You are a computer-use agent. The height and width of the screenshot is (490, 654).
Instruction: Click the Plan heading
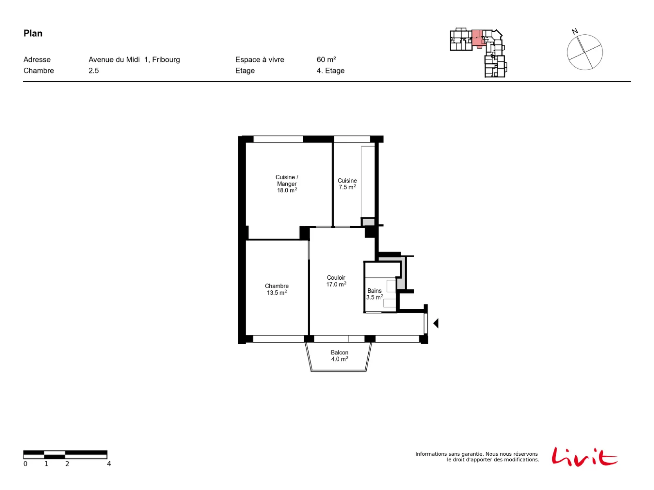[x=33, y=33]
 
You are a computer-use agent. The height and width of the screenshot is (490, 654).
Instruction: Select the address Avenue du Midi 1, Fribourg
[x=134, y=60]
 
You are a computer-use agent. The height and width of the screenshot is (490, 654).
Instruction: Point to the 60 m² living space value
[x=326, y=60]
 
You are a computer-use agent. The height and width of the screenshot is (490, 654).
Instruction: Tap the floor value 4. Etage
[x=330, y=71]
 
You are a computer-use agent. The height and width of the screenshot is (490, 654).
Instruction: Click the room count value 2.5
[x=93, y=71]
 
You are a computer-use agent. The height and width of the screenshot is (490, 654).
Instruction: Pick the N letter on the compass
[x=574, y=31]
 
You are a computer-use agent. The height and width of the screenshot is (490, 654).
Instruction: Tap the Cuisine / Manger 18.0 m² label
[x=287, y=183]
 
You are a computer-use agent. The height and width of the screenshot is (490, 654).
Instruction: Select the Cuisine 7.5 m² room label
[x=347, y=184]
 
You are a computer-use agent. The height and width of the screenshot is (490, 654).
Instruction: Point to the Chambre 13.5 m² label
[x=276, y=289]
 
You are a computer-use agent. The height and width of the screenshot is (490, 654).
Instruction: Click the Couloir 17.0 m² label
[x=336, y=281]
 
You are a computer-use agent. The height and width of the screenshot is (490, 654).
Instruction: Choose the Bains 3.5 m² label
[x=374, y=294]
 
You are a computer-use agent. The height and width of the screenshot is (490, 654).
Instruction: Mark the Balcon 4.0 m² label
[x=339, y=356]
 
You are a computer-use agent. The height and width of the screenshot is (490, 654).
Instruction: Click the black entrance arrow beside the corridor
[x=436, y=323]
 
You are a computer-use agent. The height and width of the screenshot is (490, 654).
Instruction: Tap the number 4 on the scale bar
[x=109, y=463]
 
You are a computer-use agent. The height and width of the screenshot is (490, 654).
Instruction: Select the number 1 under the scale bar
[x=46, y=463]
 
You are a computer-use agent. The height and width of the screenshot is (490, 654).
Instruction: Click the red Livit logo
[x=584, y=457]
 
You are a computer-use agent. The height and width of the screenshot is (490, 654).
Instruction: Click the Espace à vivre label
[x=259, y=60]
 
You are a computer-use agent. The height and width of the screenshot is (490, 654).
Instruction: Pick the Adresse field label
[x=37, y=60]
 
